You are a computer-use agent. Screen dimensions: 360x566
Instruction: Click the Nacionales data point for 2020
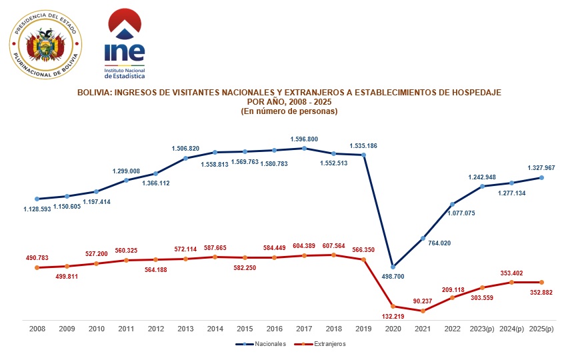pos(393,267)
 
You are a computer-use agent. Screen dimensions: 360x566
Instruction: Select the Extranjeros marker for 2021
pos(423,311)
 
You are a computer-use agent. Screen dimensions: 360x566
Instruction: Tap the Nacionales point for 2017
pos(304,148)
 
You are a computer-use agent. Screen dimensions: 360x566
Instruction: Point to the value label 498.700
pos(394,275)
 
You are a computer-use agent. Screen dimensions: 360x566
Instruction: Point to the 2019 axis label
pos(363,328)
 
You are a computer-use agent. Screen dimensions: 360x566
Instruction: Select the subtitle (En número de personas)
pos(289,111)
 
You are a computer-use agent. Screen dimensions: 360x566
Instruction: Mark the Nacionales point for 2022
pos(453,204)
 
